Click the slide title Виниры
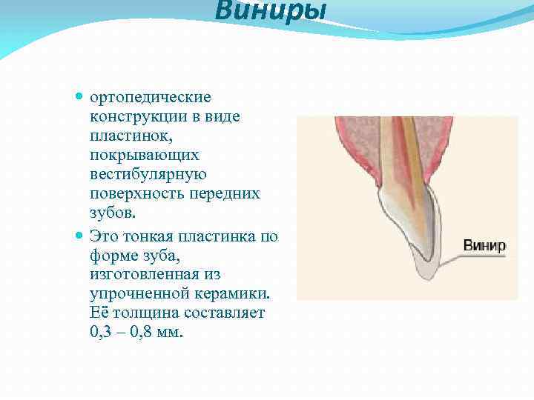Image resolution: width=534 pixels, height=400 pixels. coord(270,12)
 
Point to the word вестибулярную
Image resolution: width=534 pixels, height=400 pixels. coord(148,175)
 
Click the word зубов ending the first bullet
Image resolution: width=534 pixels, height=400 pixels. coord(113,213)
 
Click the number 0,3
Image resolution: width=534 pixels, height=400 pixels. coord(102,333)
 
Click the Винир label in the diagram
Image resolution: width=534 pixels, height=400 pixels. coord(484,245)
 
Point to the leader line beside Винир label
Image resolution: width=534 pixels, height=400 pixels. coord(449,256)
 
